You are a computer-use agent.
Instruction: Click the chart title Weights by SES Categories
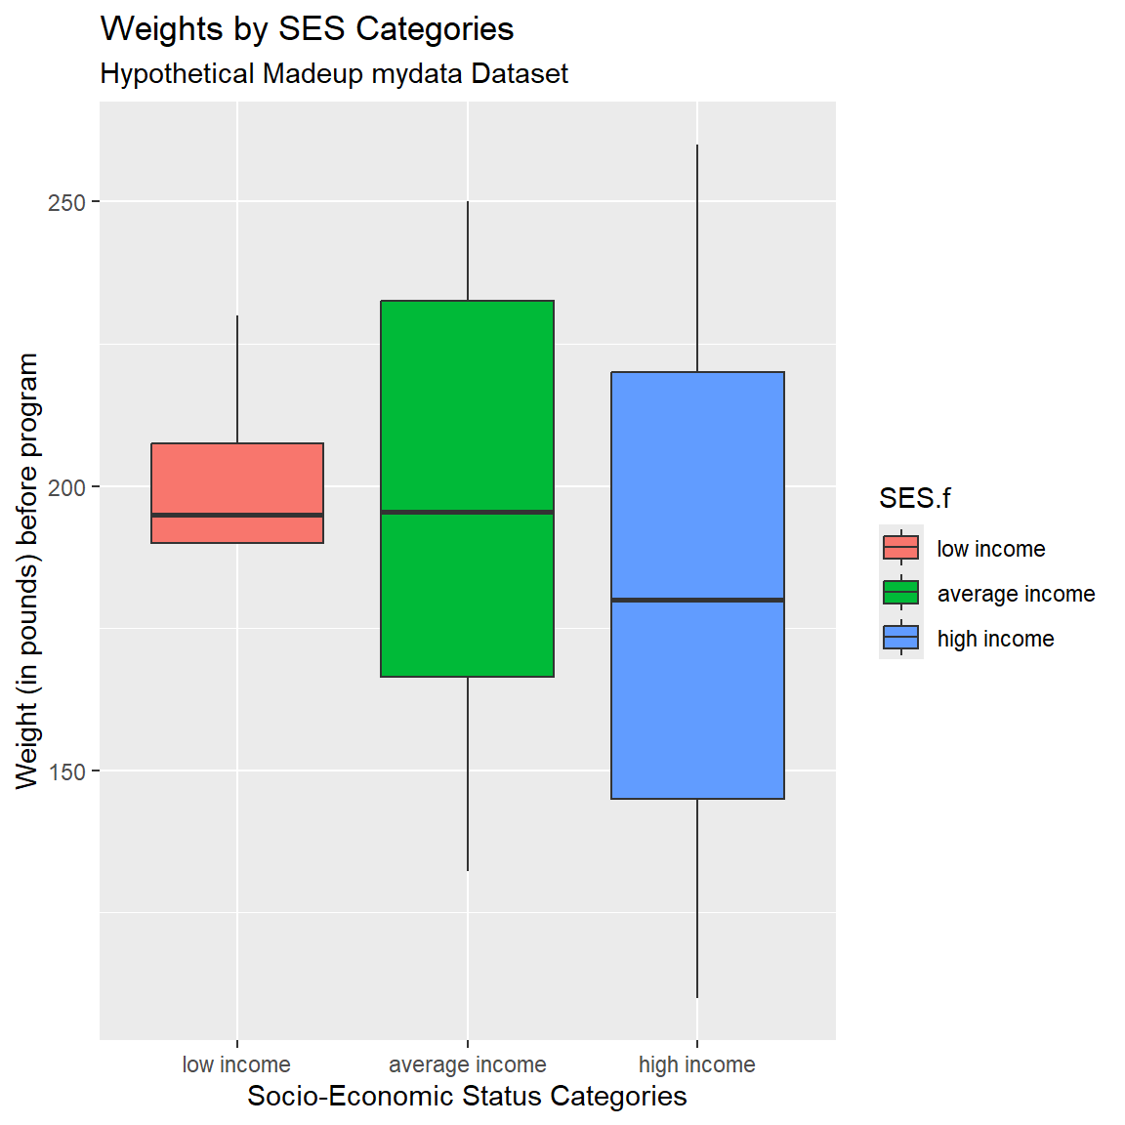pos(307,29)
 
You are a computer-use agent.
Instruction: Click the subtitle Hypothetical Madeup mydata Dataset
pos(334,74)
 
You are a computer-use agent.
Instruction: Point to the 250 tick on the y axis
pos(67,202)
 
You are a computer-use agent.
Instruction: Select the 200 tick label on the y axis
pos(67,486)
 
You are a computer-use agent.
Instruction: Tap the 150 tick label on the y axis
pos(67,771)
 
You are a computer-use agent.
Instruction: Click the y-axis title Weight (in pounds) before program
pos(27,570)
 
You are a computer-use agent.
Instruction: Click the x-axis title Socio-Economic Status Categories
pos(467,1096)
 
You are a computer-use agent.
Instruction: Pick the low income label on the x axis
pos(236,1064)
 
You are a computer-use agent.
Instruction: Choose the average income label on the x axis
pos(467,1064)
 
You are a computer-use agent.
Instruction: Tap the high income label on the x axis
pos(696,1064)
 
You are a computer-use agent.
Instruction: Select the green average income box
pos(467,410)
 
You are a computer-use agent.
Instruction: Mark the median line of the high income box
pos(697,600)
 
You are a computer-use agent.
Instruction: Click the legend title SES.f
pos(914,498)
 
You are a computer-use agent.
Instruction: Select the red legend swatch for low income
pos(900,548)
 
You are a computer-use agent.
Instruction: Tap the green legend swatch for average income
pos(900,593)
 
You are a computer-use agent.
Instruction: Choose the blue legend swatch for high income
pos(900,638)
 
